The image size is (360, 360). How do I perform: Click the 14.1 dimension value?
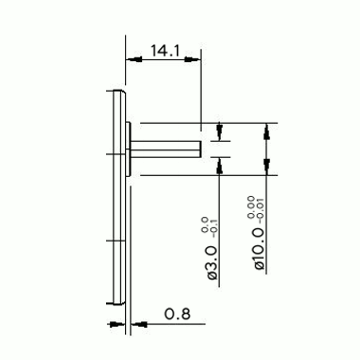(x=165, y=51)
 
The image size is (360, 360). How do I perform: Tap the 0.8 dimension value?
(x=177, y=314)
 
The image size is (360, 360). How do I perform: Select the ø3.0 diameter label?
(x=213, y=262)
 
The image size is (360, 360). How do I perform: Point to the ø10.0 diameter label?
(x=260, y=248)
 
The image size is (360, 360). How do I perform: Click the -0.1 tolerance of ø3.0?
(x=215, y=226)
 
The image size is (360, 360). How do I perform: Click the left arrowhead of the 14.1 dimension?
(x=134, y=59)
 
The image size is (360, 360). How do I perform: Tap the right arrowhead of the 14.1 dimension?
(x=193, y=59)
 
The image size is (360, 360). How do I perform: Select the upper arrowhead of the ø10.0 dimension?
(x=266, y=131)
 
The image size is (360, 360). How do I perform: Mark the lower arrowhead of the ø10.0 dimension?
(x=266, y=167)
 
